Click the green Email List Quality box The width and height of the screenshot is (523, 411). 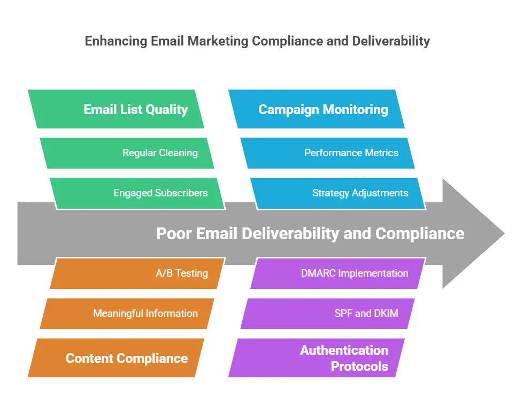(116, 109)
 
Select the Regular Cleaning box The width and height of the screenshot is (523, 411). (127, 153)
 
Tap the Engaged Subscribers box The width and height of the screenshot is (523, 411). (137, 193)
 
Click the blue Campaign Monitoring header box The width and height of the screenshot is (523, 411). (316, 109)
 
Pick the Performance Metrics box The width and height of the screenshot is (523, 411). (327, 153)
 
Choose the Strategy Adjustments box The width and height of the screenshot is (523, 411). (338, 193)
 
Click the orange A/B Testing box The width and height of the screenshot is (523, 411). (137, 273)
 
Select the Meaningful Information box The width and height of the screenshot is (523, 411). (127, 314)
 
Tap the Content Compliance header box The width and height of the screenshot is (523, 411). (116, 358)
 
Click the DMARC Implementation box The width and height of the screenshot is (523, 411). (338, 273)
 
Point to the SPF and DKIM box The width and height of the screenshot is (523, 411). (327, 314)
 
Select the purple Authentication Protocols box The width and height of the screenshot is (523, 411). (316, 358)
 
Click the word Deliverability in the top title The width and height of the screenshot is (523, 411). (391, 41)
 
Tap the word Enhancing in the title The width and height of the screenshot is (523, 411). (116, 41)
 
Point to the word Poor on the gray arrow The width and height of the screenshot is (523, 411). (174, 233)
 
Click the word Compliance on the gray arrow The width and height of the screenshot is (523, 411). (420, 234)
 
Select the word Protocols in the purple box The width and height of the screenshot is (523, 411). (359, 366)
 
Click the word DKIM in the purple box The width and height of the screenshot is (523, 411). (386, 314)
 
